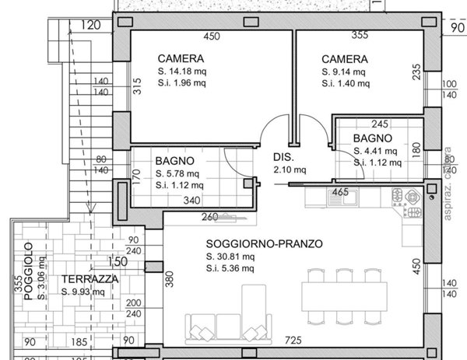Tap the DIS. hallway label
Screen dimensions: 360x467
(283, 156)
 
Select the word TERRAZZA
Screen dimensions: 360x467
(91, 279)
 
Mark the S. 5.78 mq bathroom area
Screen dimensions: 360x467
(178, 173)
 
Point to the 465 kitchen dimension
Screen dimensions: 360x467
(340, 190)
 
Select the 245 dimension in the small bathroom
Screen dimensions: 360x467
(380, 124)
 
